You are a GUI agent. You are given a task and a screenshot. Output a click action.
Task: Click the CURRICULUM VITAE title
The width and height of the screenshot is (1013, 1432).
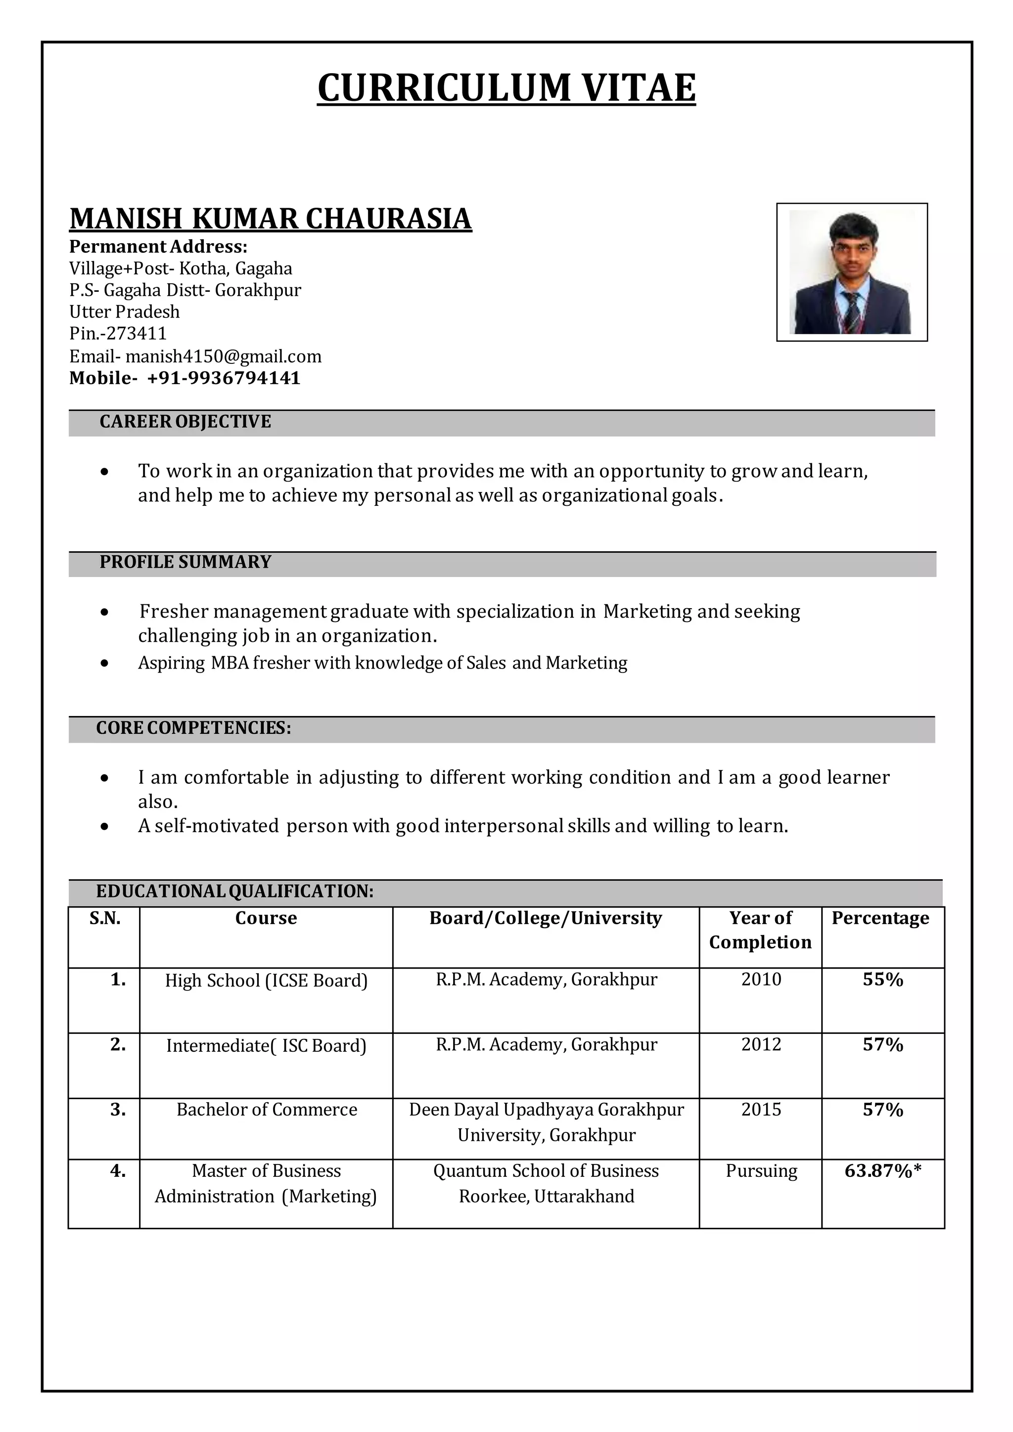tap(506, 88)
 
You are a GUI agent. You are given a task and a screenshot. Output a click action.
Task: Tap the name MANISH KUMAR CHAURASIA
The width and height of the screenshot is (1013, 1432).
tap(270, 219)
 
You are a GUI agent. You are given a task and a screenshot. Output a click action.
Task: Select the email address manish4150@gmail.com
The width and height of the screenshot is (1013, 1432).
tap(223, 356)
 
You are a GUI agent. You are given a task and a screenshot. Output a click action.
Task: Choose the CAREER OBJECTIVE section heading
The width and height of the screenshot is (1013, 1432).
tap(185, 422)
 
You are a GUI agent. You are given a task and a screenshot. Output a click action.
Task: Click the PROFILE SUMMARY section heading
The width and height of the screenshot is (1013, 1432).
tap(185, 562)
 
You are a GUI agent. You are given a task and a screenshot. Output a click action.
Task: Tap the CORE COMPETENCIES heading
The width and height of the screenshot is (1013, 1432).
tap(193, 728)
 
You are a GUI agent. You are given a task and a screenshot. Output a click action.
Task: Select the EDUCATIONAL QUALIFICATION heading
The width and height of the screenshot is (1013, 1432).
tap(234, 891)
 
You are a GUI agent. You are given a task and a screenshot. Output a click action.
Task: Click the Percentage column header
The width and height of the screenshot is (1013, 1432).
tap(880, 918)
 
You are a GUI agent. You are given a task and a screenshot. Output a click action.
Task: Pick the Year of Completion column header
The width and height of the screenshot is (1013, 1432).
tap(760, 930)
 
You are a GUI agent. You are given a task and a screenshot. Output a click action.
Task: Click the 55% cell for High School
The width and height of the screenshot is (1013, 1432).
tap(882, 980)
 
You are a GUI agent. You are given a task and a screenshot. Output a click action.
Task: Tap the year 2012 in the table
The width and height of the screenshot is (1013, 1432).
tap(761, 1045)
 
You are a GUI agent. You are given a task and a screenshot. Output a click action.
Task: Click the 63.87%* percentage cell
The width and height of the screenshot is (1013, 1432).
tap(882, 1171)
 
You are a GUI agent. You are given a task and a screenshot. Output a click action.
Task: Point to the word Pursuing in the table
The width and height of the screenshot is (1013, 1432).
tap(761, 1171)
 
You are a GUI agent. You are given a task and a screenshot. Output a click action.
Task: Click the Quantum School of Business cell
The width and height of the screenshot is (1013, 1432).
tap(546, 1183)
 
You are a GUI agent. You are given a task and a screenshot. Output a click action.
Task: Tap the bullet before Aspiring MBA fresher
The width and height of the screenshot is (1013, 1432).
tap(105, 664)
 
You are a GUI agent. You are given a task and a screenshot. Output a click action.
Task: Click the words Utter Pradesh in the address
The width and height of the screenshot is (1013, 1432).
tap(124, 312)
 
